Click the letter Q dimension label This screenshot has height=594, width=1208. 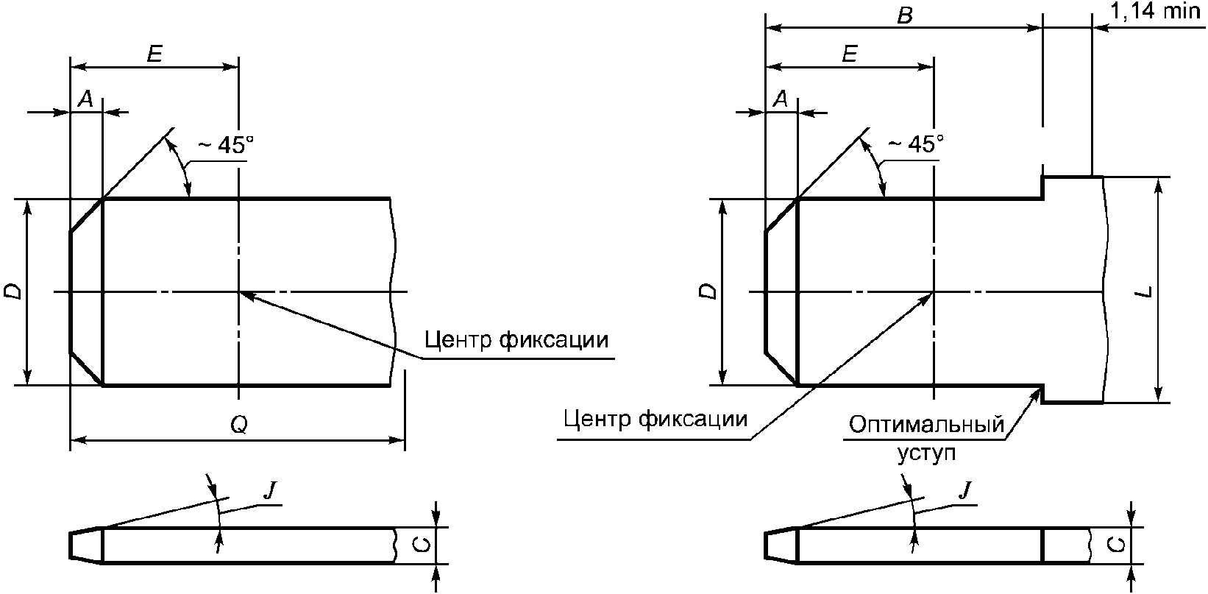pyautogui.click(x=239, y=425)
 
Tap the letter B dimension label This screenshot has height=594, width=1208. pyautogui.click(x=904, y=15)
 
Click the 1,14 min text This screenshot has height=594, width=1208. pyautogui.click(x=1154, y=11)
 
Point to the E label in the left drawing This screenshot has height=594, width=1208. pyautogui.click(x=154, y=54)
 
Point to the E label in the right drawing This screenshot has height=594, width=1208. pyautogui.click(x=850, y=54)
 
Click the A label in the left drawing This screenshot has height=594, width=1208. pyautogui.click(x=86, y=99)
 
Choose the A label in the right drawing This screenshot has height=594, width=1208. pyautogui.click(x=781, y=99)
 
